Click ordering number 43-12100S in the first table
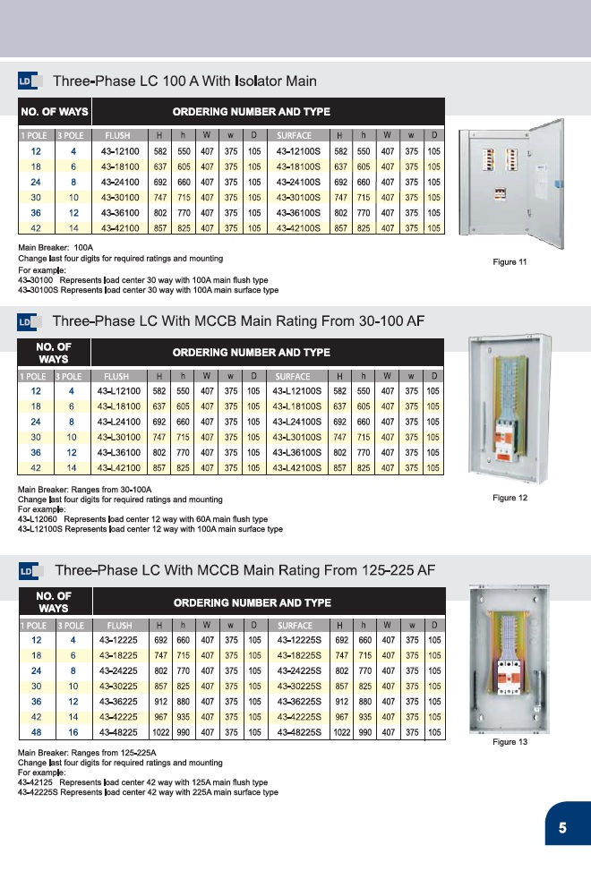click(299, 151)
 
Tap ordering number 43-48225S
click(301, 732)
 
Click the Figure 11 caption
click(510, 261)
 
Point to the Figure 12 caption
click(510, 498)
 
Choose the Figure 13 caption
click(510, 742)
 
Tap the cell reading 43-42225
click(119, 717)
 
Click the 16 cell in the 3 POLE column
click(73, 732)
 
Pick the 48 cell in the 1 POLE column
click(37, 732)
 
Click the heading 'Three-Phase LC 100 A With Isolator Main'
click(184, 81)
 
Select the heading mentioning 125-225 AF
click(244, 570)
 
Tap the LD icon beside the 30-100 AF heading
click(27, 321)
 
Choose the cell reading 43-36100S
click(299, 213)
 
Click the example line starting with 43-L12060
click(143, 518)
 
